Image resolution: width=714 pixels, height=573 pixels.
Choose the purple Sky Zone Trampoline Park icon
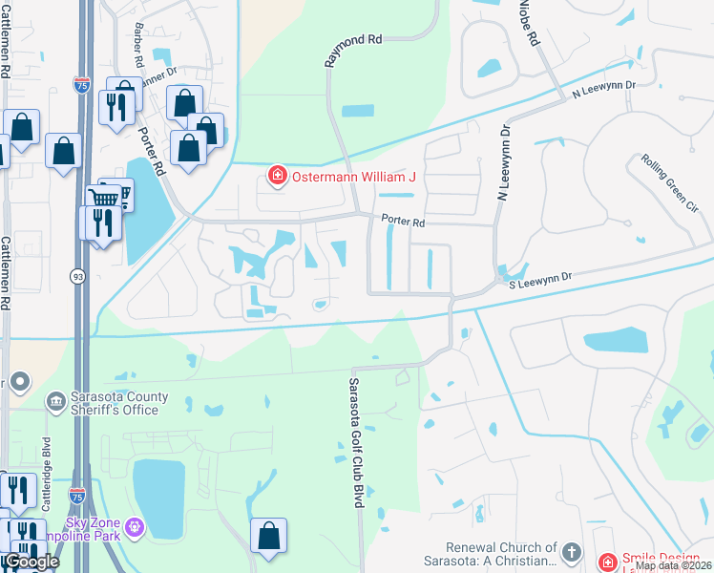point(134,525)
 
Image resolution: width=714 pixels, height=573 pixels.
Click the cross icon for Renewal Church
point(571,552)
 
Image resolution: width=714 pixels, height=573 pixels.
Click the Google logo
point(31,562)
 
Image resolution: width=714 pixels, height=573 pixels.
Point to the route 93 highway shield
point(76,275)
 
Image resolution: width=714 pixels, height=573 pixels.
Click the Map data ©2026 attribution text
point(673,565)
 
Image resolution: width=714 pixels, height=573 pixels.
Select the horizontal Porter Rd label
point(402,221)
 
